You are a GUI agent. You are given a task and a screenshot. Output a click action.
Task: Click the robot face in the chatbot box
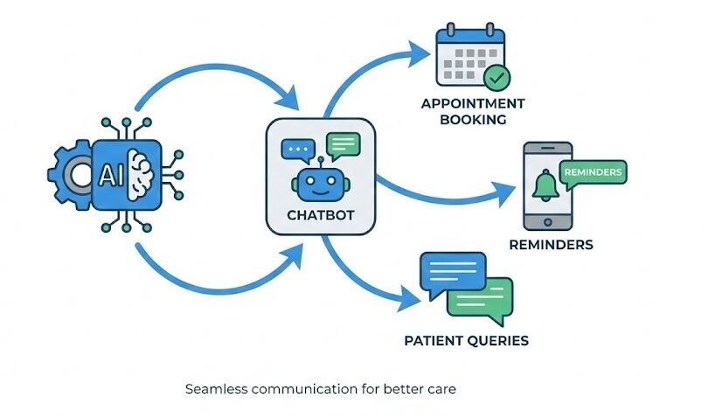click(320, 185)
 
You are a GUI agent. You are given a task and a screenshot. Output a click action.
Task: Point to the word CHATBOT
click(321, 215)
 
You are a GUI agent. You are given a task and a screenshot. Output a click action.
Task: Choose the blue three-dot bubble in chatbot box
click(297, 151)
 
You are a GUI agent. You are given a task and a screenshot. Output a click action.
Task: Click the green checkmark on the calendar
click(497, 79)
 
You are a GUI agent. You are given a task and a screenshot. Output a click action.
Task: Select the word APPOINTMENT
click(473, 104)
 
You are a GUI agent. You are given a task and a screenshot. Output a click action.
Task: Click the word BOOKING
click(474, 120)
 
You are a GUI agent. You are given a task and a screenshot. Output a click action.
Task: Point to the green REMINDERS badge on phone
click(594, 172)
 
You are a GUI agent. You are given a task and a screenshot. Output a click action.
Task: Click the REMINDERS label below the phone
click(550, 245)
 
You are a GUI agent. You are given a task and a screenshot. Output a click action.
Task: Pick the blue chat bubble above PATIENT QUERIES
click(451, 271)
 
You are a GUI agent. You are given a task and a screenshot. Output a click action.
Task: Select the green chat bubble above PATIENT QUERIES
click(481, 297)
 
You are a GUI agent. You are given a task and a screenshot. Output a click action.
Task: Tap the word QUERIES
click(502, 339)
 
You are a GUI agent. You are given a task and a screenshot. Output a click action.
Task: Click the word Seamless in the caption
click(215, 389)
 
